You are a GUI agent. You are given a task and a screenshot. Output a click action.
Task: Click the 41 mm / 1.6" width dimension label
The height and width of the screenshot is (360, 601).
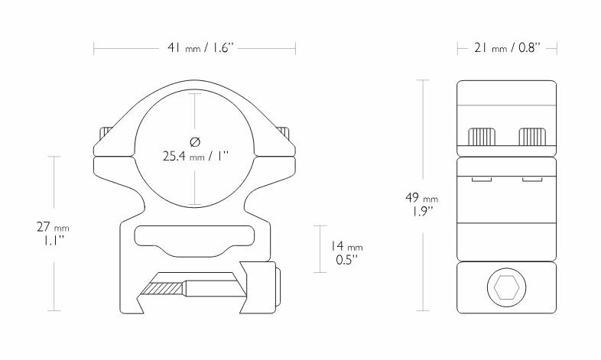click(200, 48)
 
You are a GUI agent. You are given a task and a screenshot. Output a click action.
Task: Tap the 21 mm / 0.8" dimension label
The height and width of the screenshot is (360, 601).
click(507, 48)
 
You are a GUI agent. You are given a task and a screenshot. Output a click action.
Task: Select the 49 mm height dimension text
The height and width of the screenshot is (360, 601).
click(421, 198)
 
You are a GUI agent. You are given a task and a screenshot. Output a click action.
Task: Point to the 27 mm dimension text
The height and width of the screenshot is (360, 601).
click(53, 227)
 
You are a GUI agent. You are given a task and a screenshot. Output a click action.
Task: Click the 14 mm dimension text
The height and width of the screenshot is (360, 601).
click(346, 246)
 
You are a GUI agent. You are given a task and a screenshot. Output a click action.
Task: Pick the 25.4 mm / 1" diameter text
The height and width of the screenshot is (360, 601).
click(195, 156)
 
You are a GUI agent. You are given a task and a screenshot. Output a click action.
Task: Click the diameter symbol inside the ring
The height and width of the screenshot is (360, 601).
click(195, 142)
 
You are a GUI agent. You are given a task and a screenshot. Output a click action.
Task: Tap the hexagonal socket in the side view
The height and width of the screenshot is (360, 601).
click(506, 287)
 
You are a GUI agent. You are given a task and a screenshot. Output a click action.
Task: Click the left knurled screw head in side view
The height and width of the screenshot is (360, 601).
click(482, 137)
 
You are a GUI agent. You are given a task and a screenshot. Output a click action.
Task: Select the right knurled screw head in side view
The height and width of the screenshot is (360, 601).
click(532, 137)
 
